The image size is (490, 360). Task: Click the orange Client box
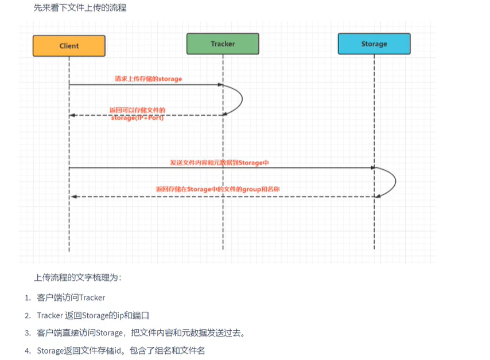point(69,46)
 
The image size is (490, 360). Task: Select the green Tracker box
point(223,44)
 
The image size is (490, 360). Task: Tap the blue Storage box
point(374,44)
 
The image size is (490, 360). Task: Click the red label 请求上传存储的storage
point(147,79)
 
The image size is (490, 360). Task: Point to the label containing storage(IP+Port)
point(138,118)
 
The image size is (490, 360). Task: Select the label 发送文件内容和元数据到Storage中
point(219,163)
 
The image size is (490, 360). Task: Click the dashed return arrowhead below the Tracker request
point(73,115)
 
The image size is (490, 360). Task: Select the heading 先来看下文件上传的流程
point(80,8)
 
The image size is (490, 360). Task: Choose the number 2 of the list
point(27,315)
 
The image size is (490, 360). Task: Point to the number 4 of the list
point(27,351)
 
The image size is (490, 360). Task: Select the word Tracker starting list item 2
point(50,315)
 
